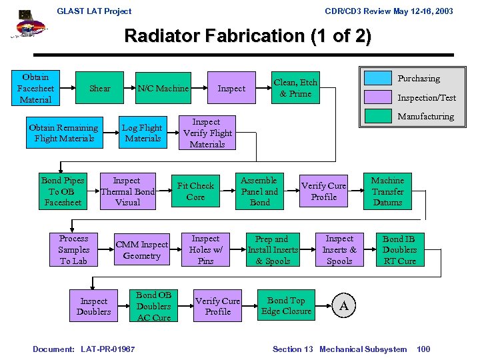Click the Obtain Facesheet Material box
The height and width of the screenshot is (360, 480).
point(35,88)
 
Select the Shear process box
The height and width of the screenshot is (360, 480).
point(100,88)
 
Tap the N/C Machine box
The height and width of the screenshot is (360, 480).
point(163,88)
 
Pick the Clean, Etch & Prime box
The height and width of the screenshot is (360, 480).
point(295,88)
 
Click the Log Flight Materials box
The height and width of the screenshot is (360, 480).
point(143,133)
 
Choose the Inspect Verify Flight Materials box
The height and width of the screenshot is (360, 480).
point(207,133)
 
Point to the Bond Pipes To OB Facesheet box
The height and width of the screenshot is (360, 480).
point(63,191)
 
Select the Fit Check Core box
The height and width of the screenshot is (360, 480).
point(195,191)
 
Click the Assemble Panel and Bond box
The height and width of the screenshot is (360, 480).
point(259,191)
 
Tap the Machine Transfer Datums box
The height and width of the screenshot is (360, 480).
point(387,191)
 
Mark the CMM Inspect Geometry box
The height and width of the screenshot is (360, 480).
point(142,249)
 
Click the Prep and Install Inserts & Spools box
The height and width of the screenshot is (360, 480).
point(273,249)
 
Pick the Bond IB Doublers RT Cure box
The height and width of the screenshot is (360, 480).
point(399,249)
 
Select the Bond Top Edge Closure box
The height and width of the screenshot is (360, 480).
point(287,306)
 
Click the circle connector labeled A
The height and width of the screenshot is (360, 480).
point(343,306)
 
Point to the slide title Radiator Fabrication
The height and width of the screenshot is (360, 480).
point(247,35)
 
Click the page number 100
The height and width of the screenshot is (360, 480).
point(423,349)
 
